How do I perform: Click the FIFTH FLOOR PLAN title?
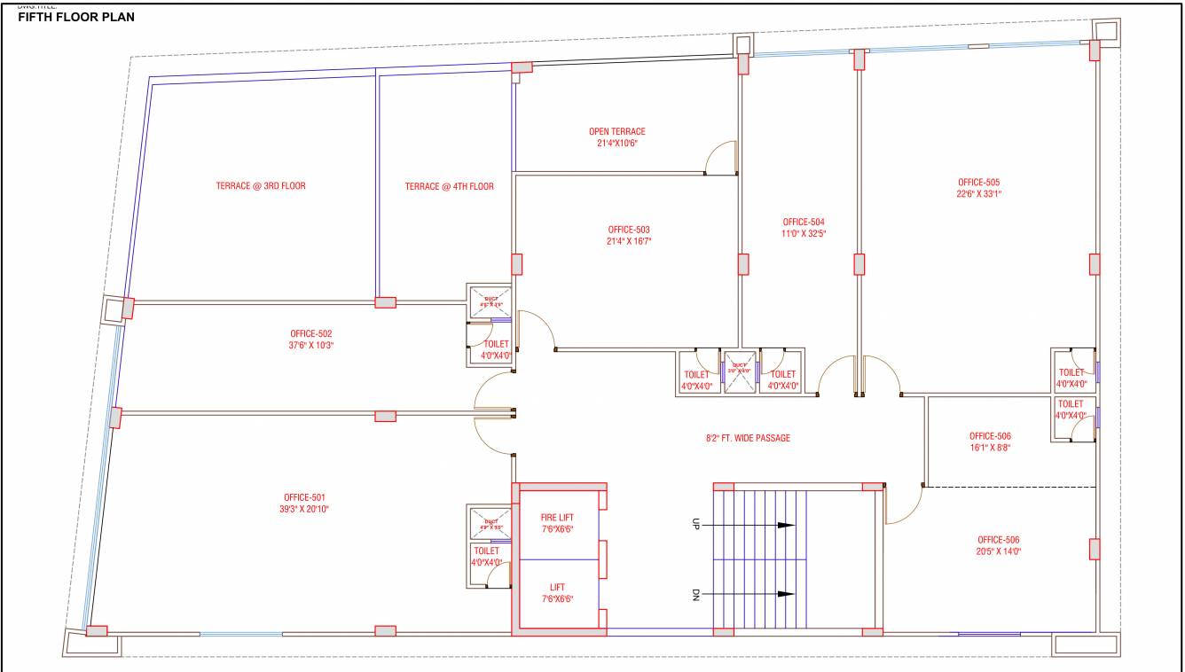(x=76, y=17)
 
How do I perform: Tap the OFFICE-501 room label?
(x=307, y=497)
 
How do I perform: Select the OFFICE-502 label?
(x=310, y=334)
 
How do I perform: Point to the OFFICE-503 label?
(x=629, y=230)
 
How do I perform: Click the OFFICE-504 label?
(x=804, y=223)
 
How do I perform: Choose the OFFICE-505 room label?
(x=978, y=183)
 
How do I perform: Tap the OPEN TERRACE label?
(x=617, y=132)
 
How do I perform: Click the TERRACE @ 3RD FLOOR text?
(x=261, y=186)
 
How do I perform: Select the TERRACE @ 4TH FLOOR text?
(x=449, y=186)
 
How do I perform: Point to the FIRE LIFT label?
(x=557, y=517)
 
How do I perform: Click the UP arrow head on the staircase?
(x=786, y=525)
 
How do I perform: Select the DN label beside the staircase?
(x=696, y=595)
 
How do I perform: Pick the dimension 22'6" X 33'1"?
(x=978, y=194)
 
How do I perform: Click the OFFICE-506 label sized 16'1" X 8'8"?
(x=990, y=436)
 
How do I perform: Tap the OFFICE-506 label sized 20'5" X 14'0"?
(x=999, y=540)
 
